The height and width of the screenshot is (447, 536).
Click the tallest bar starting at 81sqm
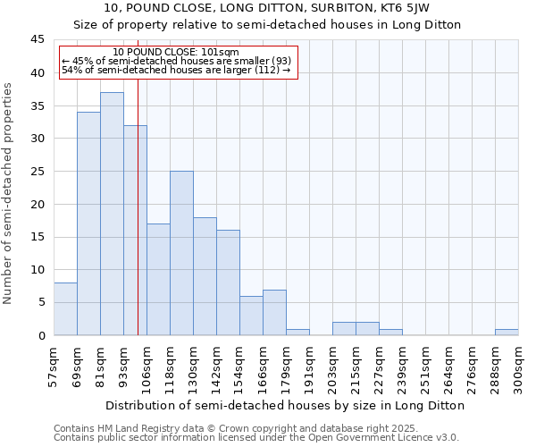coord(112,214)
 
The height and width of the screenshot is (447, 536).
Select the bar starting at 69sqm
coord(88,223)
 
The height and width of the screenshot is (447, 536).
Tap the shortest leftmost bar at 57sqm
coord(65,308)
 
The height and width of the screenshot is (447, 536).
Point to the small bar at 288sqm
coord(507,332)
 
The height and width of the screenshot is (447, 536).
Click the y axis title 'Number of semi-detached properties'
coord(8,193)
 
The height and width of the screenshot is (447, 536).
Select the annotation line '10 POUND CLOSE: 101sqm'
coord(176,53)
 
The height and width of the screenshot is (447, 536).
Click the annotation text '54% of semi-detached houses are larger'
coord(176,71)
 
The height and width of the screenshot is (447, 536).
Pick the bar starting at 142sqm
coord(228,283)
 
